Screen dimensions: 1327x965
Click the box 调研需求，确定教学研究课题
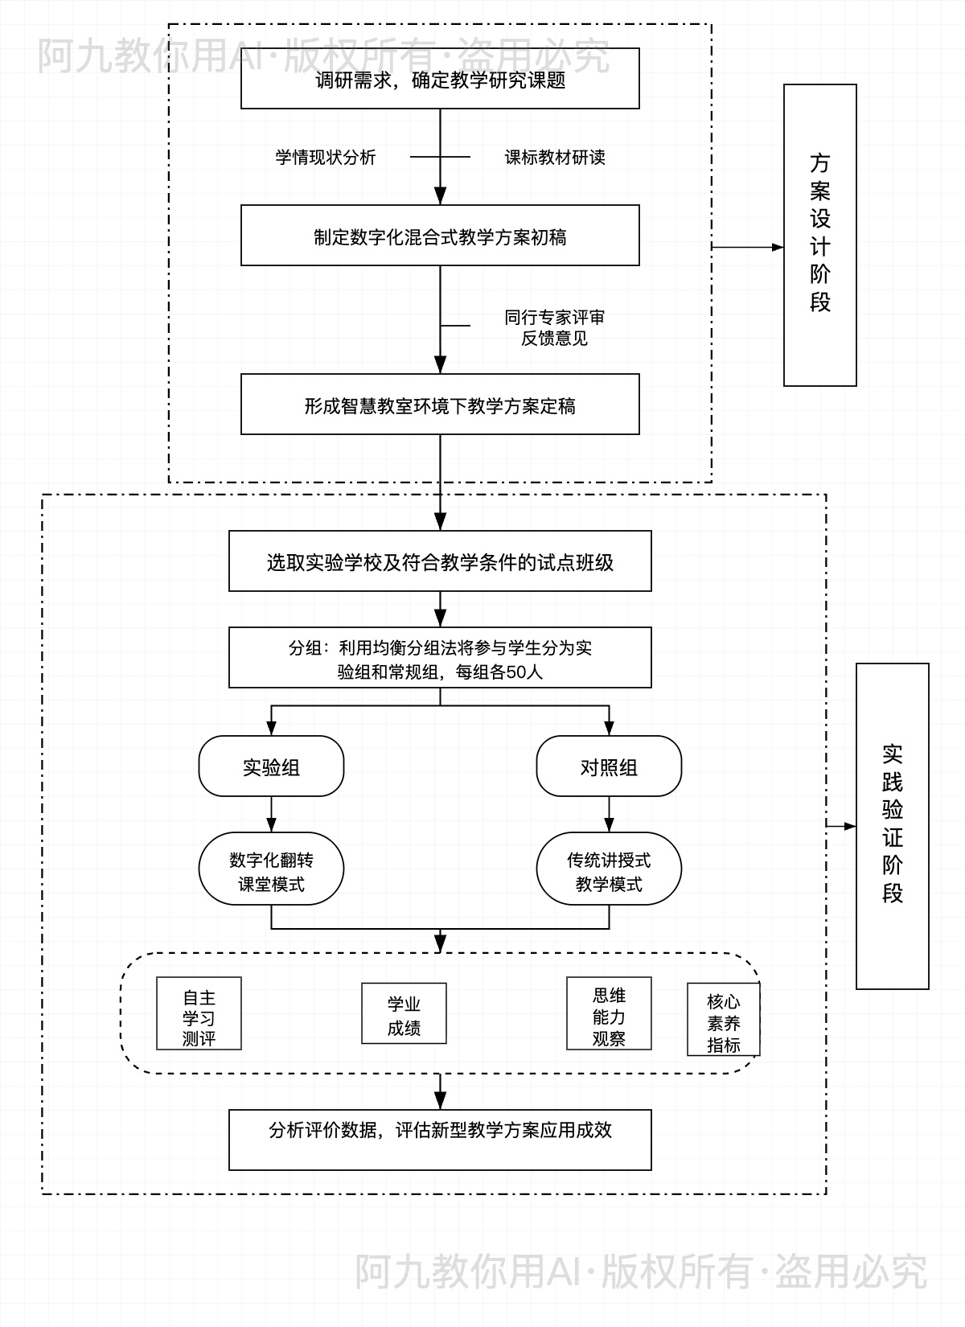click(440, 79)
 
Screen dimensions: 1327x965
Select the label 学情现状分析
click(326, 158)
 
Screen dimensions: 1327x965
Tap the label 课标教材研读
click(554, 158)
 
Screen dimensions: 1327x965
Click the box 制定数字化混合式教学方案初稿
click(440, 236)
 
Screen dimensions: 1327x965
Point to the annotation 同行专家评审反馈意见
click(554, 328)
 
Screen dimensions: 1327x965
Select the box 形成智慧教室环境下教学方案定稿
click(440, 405)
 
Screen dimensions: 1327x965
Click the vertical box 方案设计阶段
click(819, 235)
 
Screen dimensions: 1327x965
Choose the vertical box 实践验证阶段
click(892, 826)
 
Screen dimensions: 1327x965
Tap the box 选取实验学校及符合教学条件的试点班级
click(440, 561)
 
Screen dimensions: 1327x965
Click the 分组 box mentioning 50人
click(440, 658)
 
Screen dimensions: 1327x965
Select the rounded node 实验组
click(271, 766)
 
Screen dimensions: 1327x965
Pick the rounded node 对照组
click(609, 766)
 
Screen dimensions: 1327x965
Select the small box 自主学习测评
click(199, 1014)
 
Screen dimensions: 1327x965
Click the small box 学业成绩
click(404, 1014)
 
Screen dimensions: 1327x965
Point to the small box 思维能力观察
click(609, 1014)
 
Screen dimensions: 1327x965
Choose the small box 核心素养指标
click(723, 1020)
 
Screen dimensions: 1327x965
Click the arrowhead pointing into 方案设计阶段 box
click(778, 247)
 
